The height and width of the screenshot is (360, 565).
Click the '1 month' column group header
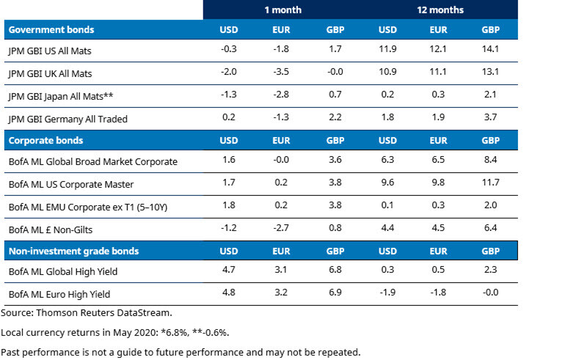283,10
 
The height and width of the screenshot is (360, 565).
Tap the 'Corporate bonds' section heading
45,139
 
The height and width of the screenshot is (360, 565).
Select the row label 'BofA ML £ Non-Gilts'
48,229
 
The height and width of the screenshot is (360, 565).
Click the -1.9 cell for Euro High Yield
387,295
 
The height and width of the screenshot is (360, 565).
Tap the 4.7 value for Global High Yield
228,273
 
